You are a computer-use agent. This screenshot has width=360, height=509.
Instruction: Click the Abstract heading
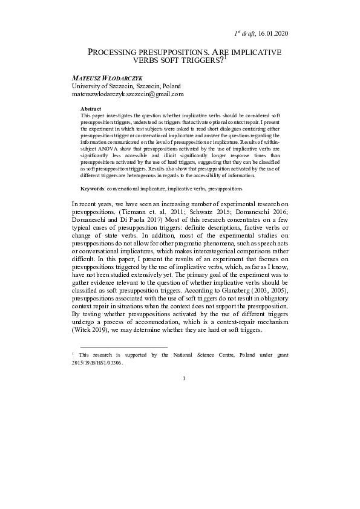[90, 108]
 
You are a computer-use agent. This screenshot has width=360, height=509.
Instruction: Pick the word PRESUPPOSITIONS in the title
[174, 53]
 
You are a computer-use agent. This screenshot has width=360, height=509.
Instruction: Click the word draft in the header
[246, 33]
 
